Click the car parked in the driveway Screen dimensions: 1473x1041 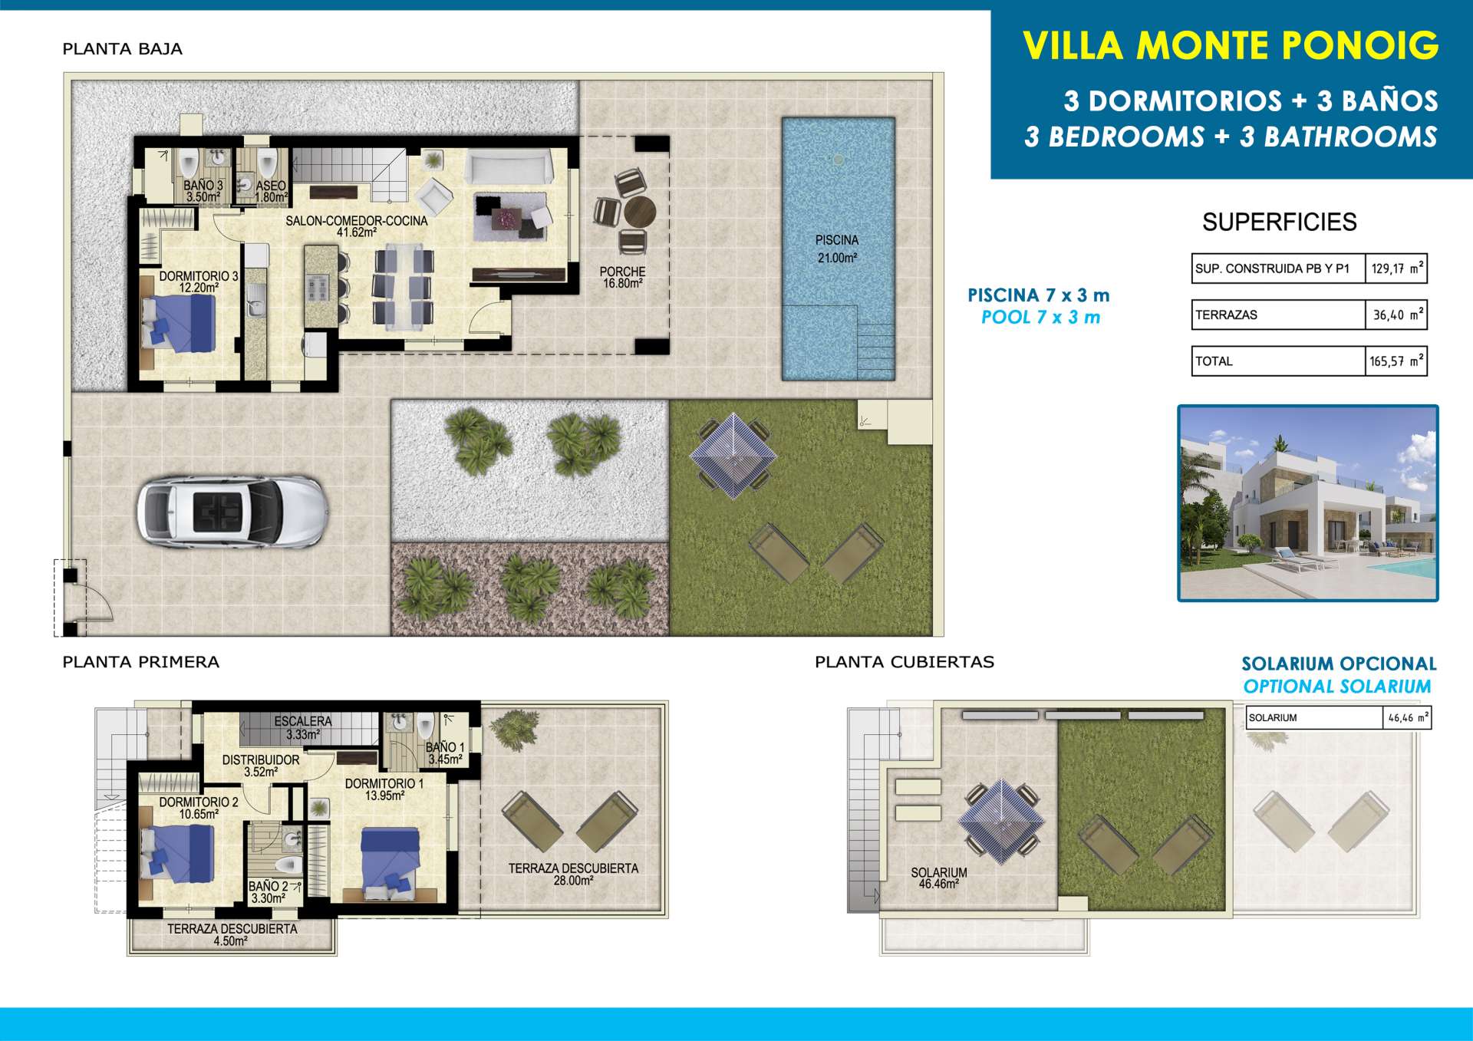pos(233,512)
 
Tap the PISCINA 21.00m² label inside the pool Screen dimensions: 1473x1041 pos(837,249)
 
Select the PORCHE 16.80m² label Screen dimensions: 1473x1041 pos(622,277)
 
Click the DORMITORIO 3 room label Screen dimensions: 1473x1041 pos(199,282)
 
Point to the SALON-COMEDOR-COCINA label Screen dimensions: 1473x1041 pos(357,226)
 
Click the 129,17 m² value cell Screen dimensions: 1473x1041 pos(1396,268)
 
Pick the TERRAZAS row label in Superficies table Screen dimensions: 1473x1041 pos(1226,315)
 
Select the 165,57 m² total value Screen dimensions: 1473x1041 pos(1396,361)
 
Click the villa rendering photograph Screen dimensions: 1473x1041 pos(1308,503)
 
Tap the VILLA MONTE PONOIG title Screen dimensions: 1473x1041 pos(1231,45)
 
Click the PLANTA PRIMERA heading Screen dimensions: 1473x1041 pos(140,662)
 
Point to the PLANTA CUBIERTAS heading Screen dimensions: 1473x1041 pos(905,662)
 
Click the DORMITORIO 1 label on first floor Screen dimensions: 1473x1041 pos(384,789)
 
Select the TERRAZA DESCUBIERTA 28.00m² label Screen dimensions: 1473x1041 pos(573,875)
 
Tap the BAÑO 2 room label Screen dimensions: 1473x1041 pos(269,892)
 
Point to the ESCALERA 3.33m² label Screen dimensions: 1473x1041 pos(303,727)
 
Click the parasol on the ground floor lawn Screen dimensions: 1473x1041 pos(734,456)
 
